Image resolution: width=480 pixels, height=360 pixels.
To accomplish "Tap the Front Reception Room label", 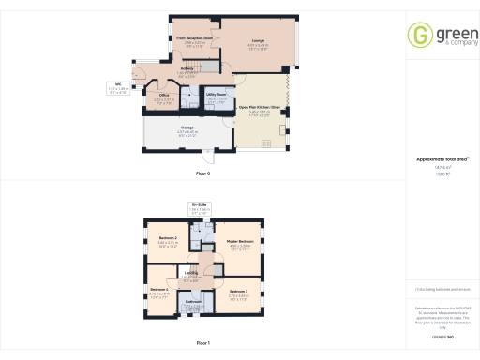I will click(194, 38).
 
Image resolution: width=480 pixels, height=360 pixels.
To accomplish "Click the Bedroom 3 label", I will click(238, 291).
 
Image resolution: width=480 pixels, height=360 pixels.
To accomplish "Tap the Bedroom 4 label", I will click(160, 290).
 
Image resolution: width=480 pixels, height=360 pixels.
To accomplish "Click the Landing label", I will click(191, 272).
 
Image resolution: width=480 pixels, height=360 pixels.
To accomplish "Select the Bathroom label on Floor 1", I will click(193, 301).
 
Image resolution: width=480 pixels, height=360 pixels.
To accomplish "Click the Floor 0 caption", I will click(202, 174).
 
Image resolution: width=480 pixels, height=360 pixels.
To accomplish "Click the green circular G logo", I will click(419, 36).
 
